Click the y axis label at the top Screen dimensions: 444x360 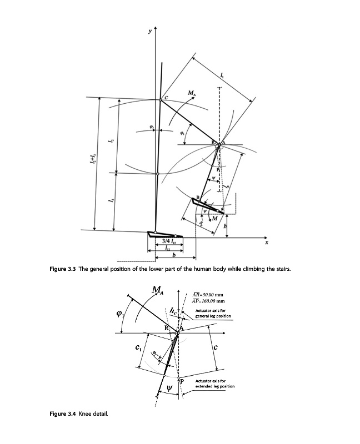pyautogui.click(x=148, y=32)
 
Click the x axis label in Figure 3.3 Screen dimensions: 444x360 pyautogui.click(x=267, y=243)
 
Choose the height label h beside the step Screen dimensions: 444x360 pyautogui.click(x=226, y=225)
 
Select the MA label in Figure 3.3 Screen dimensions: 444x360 pyautogui.click(x=192, y=93)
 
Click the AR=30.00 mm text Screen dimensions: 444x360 pyautogui.click(x=207, y=295)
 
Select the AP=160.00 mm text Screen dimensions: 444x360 pyautogui.click(x=207, y=301)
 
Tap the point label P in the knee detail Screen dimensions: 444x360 pyautogui.click(x=181, y=381)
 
